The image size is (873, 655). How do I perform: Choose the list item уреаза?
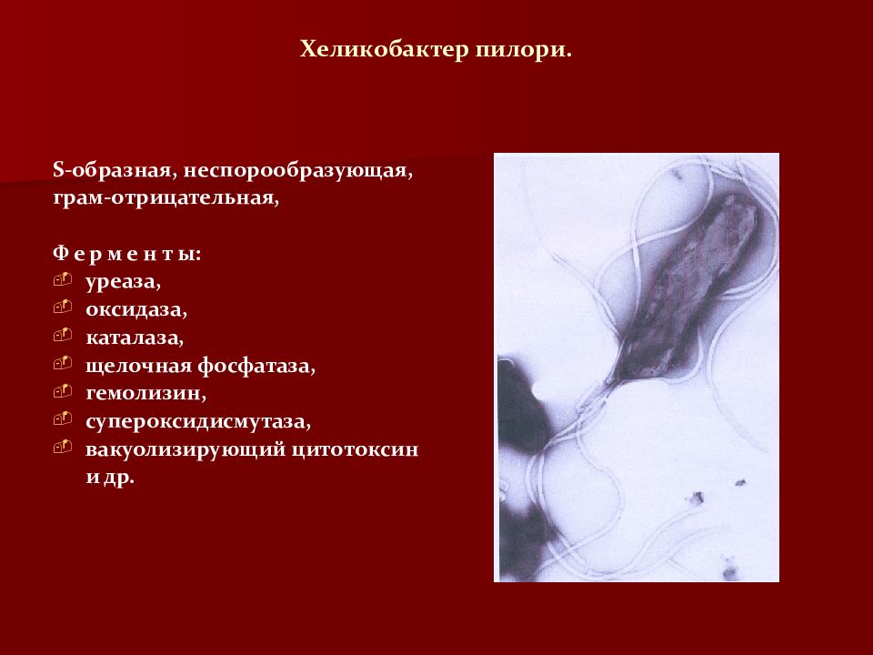coord(123,282)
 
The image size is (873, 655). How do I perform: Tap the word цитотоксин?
coord(354,449)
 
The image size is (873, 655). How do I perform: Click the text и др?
coord(110,478)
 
